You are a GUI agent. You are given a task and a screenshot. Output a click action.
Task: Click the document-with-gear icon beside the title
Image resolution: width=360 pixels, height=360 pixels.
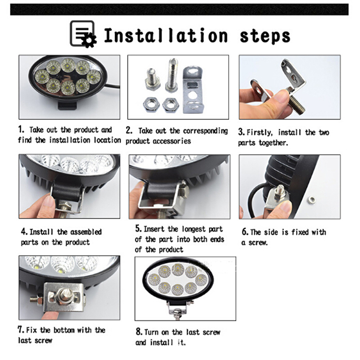point(83,34)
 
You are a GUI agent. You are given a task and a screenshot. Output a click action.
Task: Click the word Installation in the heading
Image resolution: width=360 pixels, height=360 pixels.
point(166,36)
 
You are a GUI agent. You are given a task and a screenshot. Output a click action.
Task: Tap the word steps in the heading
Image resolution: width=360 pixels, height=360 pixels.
point(265,36)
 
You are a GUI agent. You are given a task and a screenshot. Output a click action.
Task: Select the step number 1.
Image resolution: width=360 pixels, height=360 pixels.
point(21,129)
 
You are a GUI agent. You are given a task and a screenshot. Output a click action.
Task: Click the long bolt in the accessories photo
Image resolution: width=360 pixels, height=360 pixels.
point(172,75)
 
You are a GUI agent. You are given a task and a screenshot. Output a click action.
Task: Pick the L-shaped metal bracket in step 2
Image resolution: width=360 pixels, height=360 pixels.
point(193,90)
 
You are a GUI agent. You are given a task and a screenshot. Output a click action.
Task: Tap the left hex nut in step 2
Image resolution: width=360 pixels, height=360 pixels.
point(151,105)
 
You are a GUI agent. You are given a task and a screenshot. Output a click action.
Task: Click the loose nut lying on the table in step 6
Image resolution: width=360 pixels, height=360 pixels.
point(311,199)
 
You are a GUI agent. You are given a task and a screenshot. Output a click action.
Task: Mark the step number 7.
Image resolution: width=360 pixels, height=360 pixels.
point(21,330)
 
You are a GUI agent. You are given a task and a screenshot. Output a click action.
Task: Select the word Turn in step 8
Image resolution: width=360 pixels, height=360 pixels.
point(151,332)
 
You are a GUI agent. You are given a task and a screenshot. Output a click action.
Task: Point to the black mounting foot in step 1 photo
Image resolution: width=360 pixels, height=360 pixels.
point(67,105)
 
